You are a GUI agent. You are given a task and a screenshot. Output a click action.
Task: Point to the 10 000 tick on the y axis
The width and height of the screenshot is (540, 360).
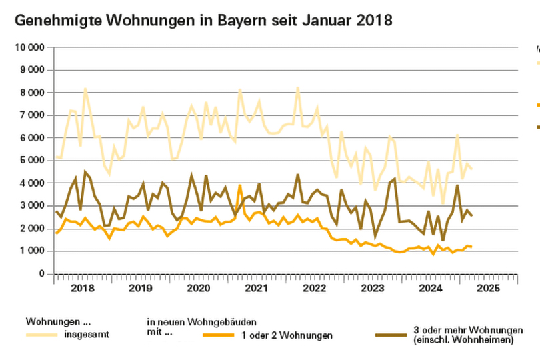click(x=30, y=47)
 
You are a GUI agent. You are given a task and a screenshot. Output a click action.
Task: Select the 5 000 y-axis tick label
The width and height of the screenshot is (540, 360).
click(x=33, y=161)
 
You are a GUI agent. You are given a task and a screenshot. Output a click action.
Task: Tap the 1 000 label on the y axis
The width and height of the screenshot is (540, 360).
click(x=33, y=251)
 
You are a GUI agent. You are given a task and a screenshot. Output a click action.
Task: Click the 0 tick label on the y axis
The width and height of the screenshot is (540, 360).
click(x=41, y=274)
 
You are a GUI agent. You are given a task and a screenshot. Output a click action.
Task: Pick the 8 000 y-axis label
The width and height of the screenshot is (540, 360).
click(x=33, y=93)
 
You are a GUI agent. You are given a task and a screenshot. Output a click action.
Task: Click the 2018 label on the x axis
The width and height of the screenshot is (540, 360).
click(x=81, y=289)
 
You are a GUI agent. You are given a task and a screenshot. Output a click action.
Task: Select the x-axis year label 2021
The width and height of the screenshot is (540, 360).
click(x=256, y=289)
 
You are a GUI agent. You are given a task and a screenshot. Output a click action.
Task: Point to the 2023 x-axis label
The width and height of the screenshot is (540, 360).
click(x=372, y=289)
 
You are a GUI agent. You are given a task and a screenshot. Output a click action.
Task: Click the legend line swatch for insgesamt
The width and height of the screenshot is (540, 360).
click(x=42, y=335)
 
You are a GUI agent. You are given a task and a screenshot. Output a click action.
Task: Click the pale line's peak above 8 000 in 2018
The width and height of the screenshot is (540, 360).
click(x=85, y=89)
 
